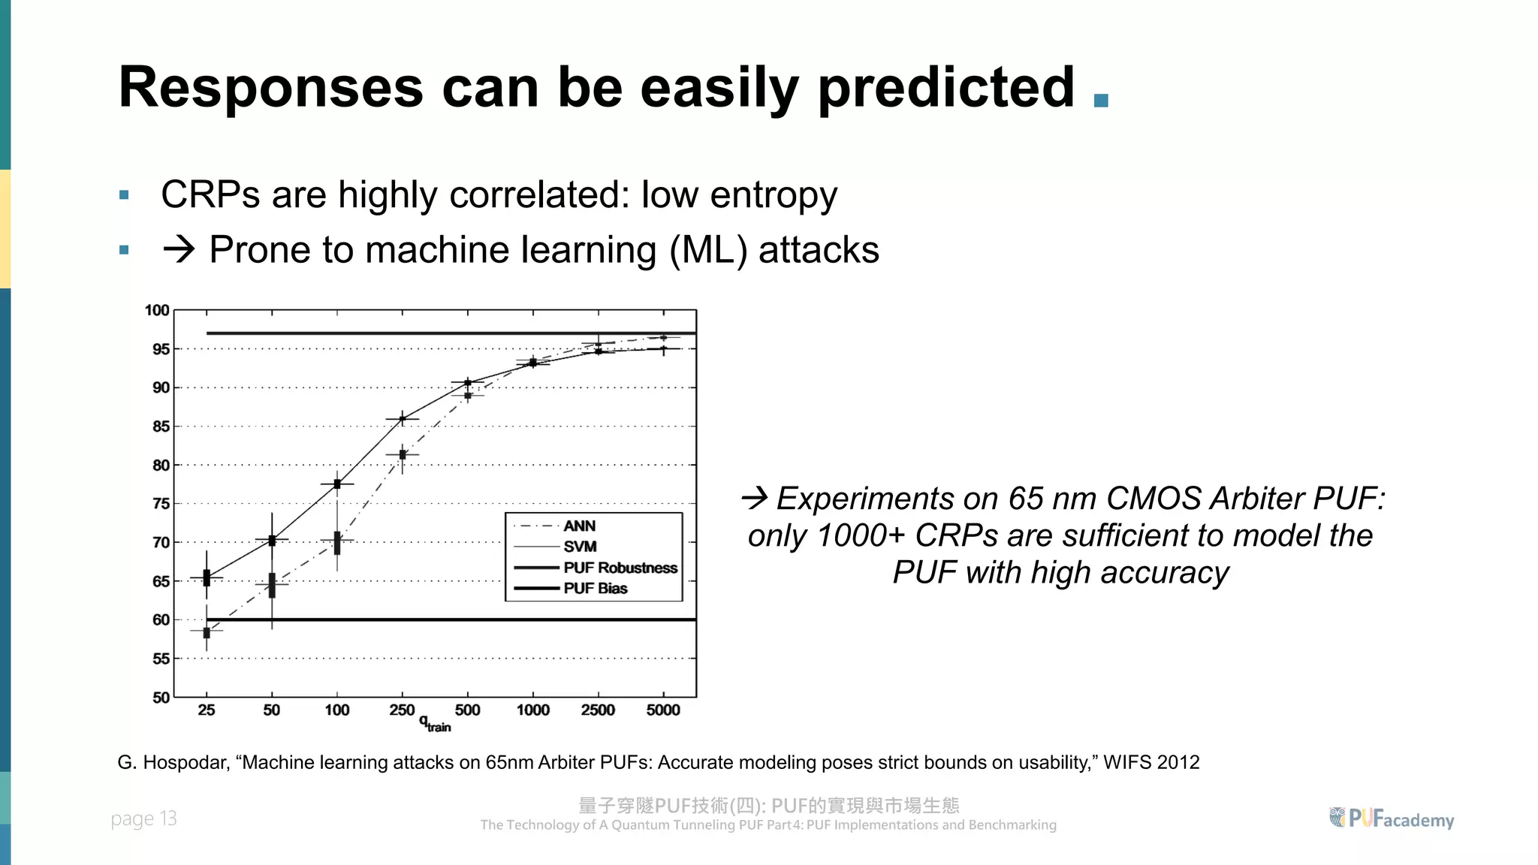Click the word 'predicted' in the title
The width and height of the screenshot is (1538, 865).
click(946, 89)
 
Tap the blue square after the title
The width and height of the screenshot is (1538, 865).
click(1101, 101)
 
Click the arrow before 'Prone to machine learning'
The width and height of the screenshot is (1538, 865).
click(179, 249)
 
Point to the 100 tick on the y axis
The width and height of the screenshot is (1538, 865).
click(157, 310)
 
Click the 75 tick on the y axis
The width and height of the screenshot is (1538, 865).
click(161, 504)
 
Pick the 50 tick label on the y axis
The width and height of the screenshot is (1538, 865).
click(161, 698)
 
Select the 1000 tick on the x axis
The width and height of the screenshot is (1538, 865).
click(532, 710)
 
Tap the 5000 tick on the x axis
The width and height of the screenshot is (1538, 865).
click(663, 710)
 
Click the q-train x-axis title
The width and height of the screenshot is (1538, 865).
click(435, 725)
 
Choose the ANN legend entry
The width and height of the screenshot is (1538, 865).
click(579, 526)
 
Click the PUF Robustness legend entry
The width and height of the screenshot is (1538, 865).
click(620, 568)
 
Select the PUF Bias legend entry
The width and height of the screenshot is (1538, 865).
click(595, 589)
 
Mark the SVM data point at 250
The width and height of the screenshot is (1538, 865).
click(403, 418)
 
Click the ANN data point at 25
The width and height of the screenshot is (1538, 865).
click(207, 632)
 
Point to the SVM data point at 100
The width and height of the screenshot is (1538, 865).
click(337, 484)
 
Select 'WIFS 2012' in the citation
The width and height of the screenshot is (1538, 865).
click(1150, 763)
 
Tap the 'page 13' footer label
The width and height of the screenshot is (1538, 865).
click(143, 818)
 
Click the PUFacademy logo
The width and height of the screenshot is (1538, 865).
click(1391, 818)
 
